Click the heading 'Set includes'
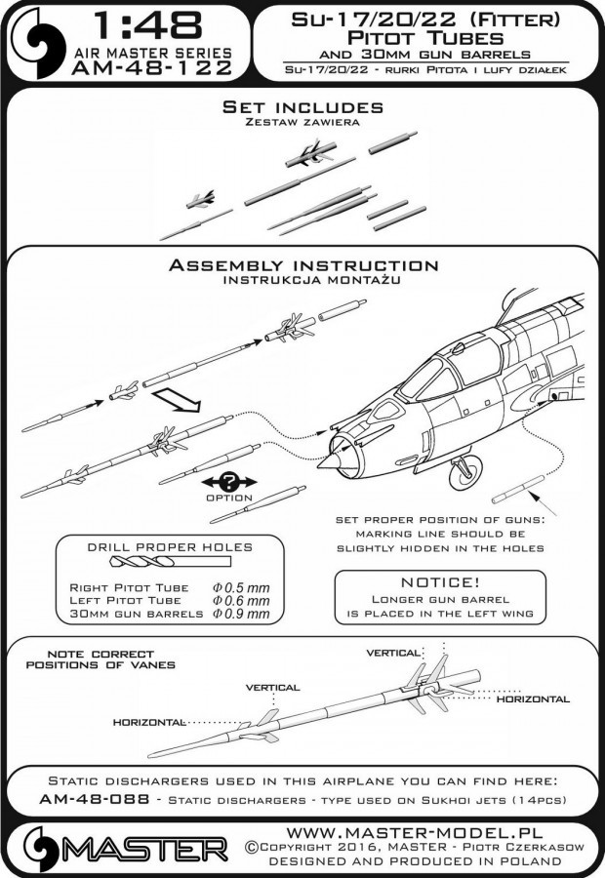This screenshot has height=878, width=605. (302, 107)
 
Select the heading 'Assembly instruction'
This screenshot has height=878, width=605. (302, 264)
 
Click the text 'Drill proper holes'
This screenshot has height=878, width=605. (170, 545)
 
